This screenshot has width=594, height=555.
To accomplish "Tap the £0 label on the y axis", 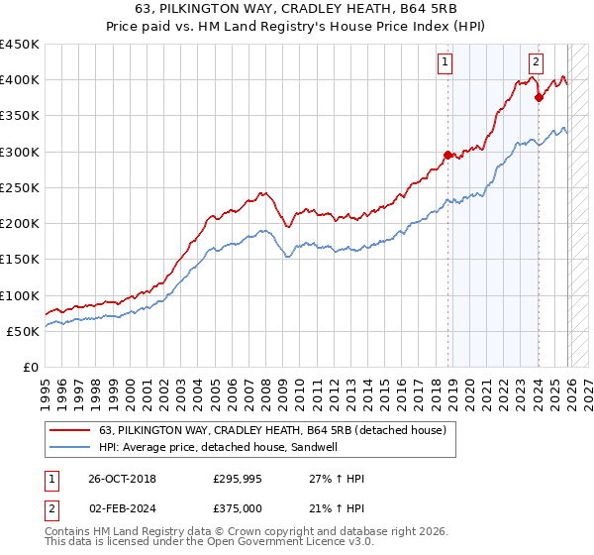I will [x=32, y=368].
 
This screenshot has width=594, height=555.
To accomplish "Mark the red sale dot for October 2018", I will [x=447, y=155].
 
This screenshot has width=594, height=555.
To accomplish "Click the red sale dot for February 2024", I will [x=539, y=97].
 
